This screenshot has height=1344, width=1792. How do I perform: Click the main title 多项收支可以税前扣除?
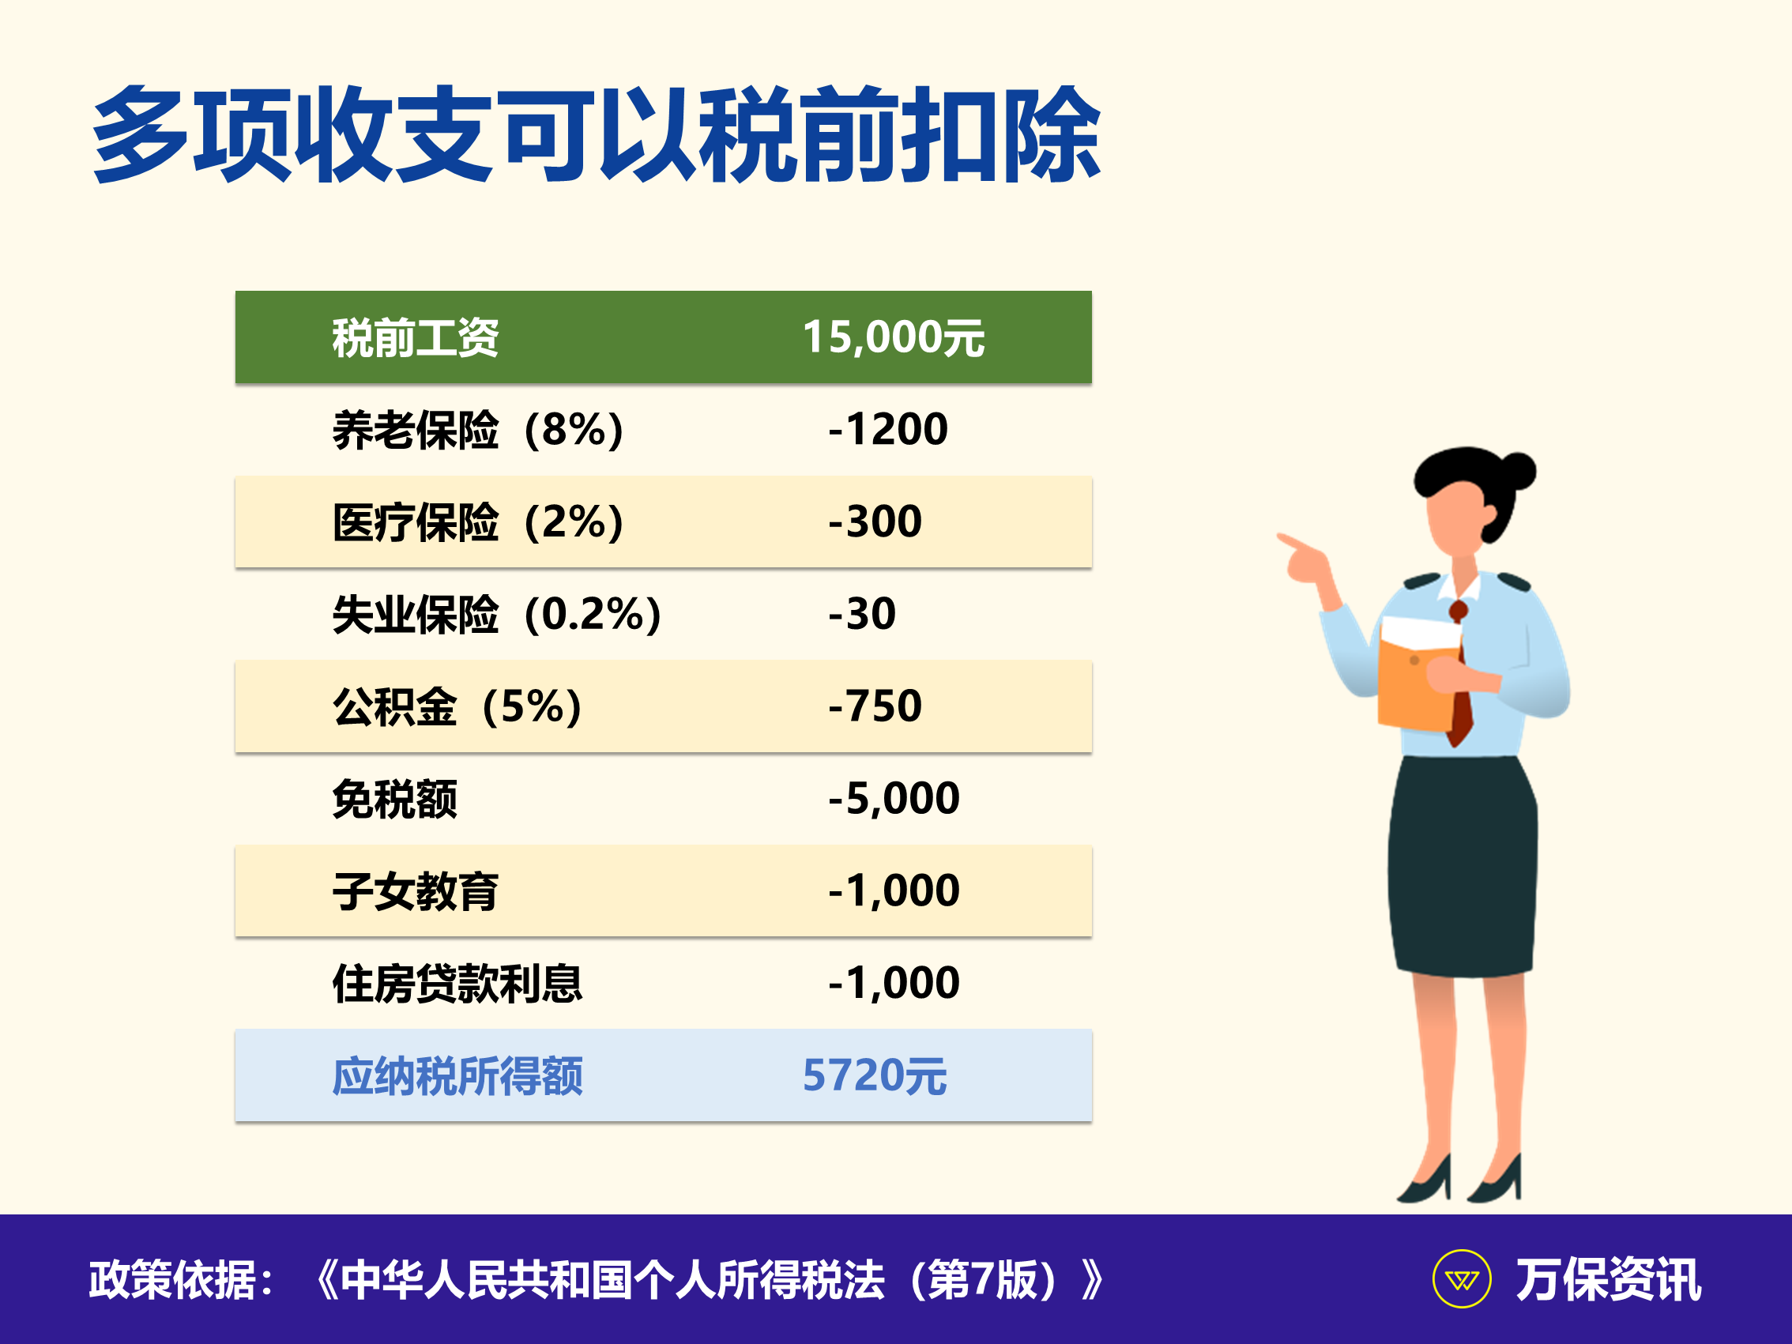[x=597, y=134]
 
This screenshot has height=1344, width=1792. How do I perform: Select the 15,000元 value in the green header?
[x=893, y=337]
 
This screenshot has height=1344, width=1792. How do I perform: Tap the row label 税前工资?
[x=415, y=338]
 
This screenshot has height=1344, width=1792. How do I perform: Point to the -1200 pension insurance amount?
[x=887, y=428]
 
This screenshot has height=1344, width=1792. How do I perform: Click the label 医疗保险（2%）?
[x=479, y=521]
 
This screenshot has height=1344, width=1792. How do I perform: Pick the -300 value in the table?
[x=875, y=521]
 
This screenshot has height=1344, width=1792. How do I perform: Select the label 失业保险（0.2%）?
[x=498, y=614]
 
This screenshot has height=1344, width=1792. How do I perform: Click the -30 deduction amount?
[x=862, y=613]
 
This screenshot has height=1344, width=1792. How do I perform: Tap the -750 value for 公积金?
[x=875, y=706]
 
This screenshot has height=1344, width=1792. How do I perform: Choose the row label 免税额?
[x=394, y=800]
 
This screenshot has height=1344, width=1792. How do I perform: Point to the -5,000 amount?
[x=894, y=799]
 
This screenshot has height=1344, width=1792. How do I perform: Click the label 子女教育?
[x=415, y=892]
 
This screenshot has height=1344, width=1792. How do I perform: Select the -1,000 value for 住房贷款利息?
[x=894, y=984]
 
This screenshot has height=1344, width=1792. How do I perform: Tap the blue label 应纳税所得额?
[x=457, y=1077]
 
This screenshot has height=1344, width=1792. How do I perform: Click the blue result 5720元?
[x=874, y=1076]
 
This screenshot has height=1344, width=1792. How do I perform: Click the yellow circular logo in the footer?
[x=1462, y=1279]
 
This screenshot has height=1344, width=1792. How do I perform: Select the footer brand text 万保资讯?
[x=1609, y=1280]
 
